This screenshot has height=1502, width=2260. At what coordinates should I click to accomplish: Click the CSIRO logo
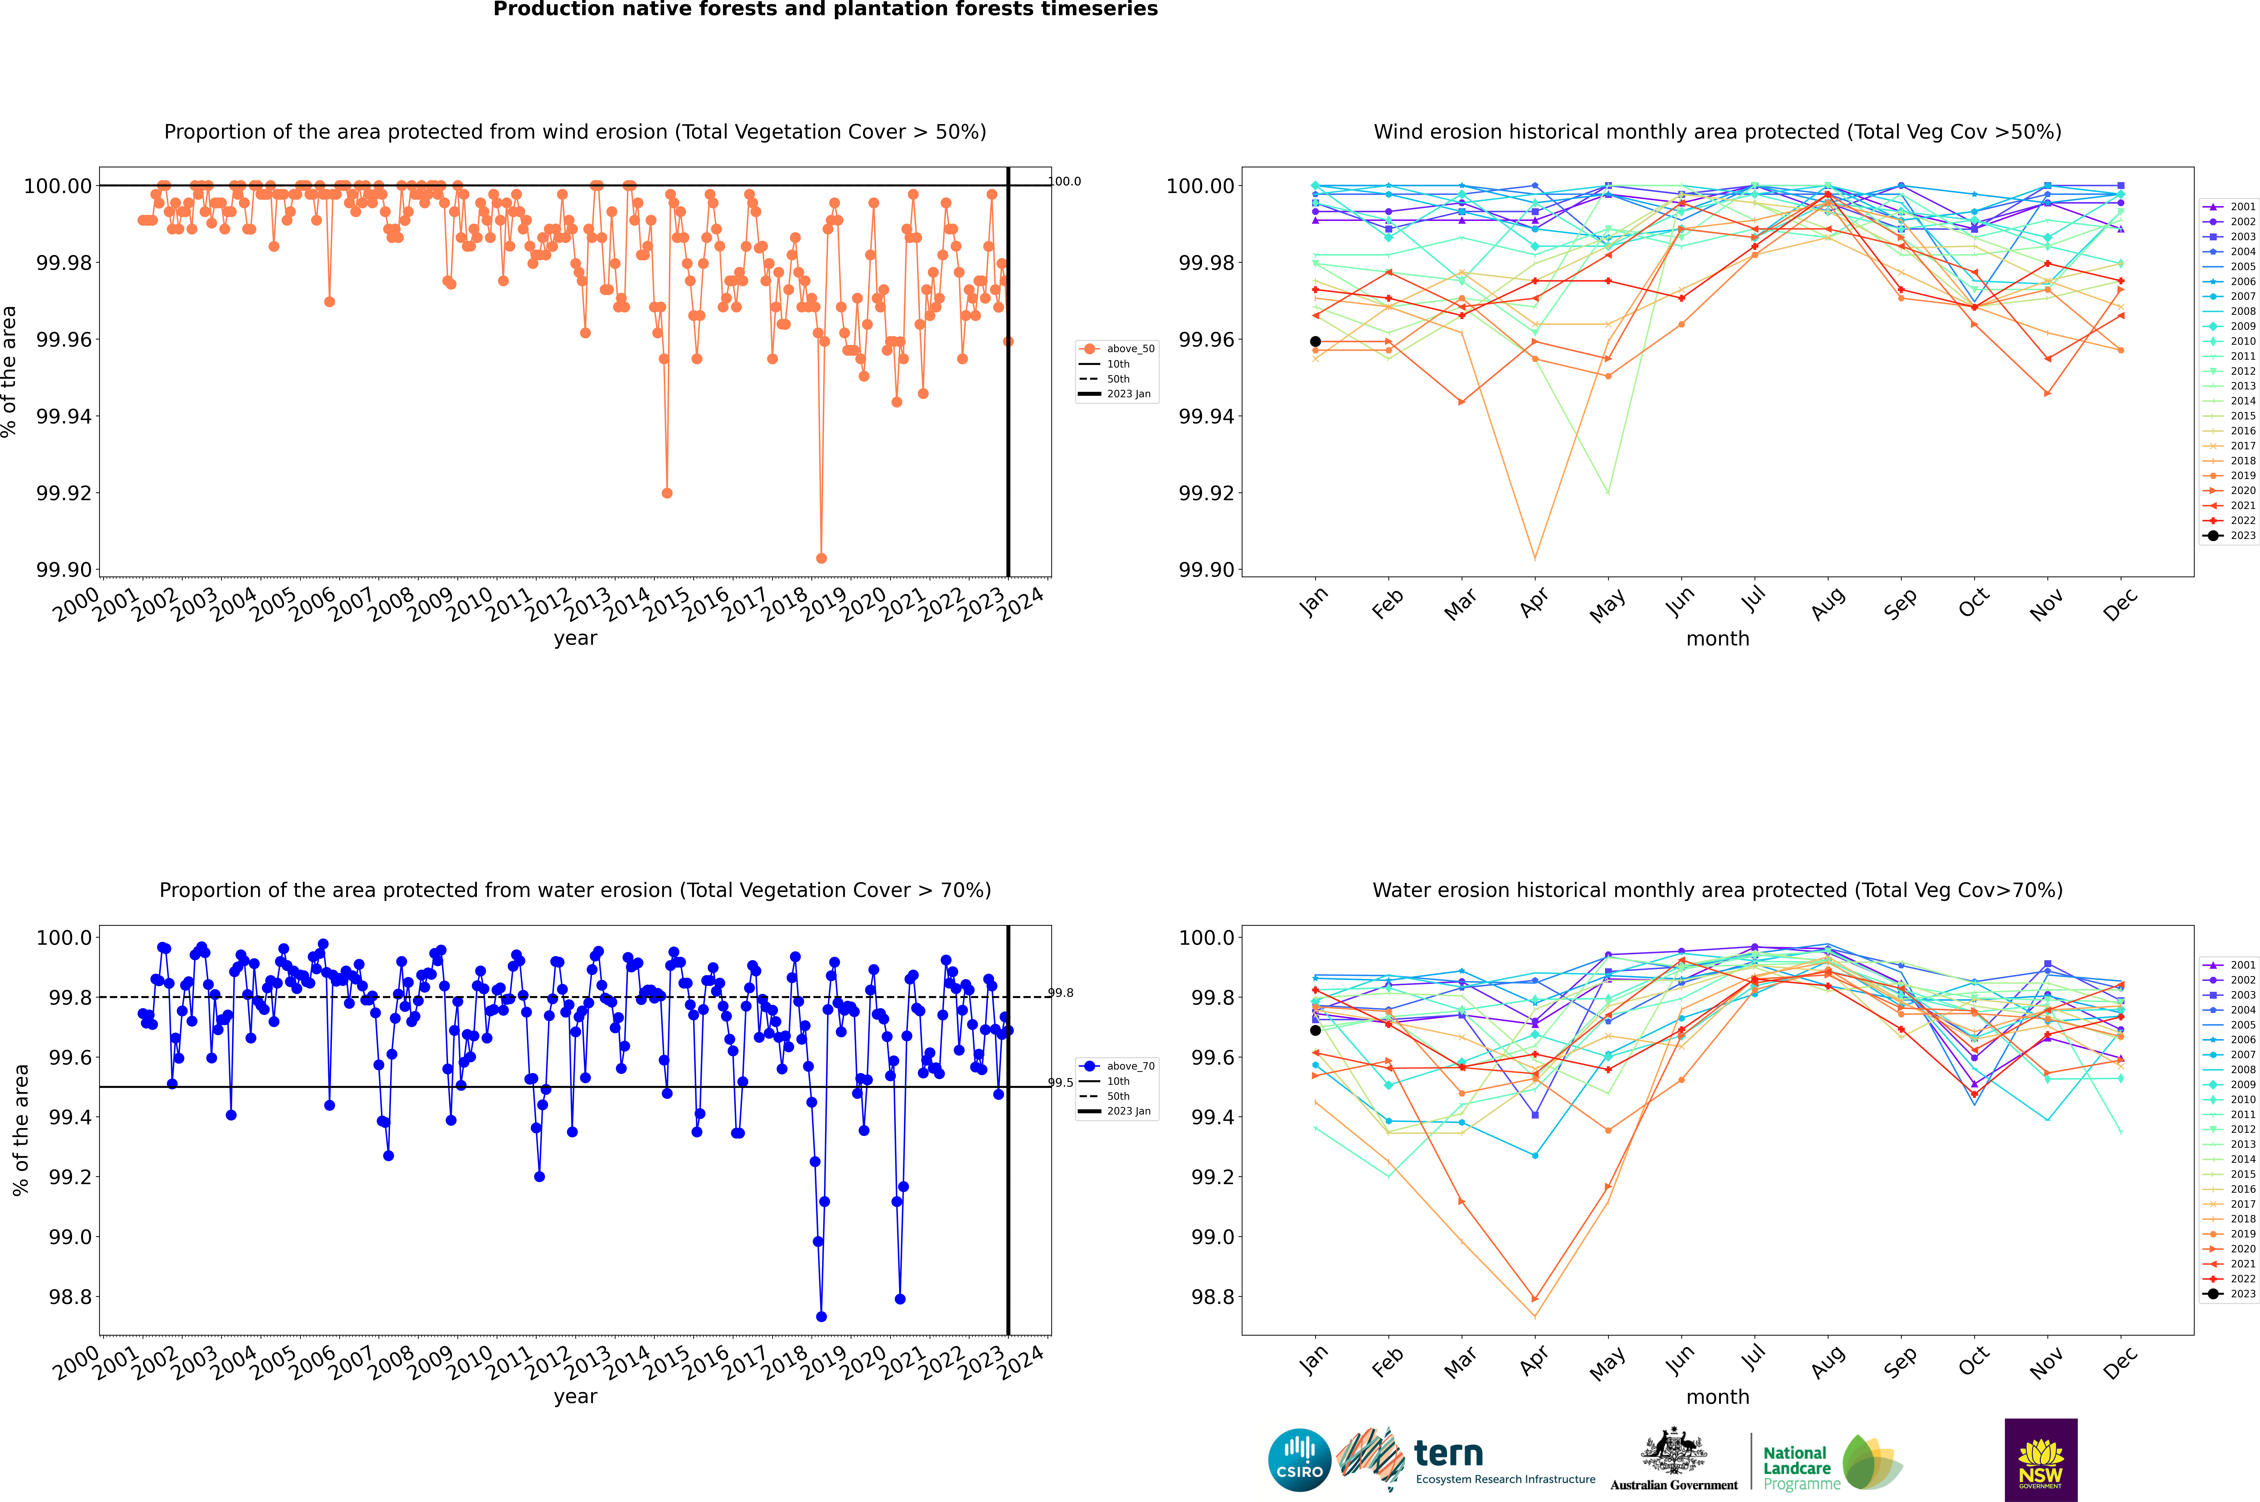coord(1299,1460)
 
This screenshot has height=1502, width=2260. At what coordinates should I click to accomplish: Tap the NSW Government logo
coord(2041,1460)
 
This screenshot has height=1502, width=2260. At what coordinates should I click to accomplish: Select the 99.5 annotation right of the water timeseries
coord(1061,1082)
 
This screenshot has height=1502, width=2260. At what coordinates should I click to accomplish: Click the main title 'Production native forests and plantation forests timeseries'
coord(825,10)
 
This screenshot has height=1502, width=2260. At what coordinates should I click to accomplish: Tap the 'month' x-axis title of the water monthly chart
coord(1717,1397)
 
